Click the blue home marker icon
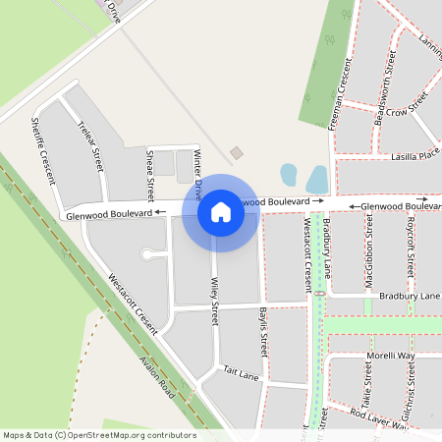(221, 212)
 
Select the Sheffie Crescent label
(43, 150)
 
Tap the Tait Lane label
(241, 374)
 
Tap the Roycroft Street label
(412, 247)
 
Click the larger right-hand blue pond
(317, 179)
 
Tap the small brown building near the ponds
(236, 152)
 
